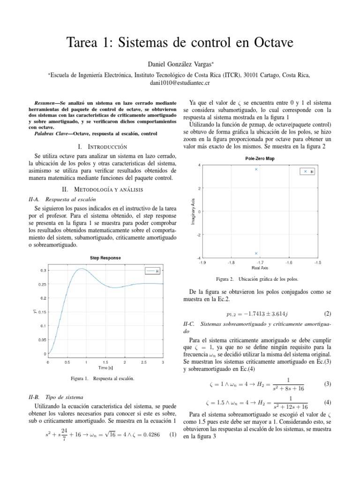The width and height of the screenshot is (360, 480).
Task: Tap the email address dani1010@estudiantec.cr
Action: click(180, 82)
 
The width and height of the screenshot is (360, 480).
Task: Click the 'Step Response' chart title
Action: click(105, 258)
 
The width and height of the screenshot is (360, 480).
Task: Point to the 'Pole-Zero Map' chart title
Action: click(260, 158)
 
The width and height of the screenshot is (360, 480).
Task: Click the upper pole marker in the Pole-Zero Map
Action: click(256, 169)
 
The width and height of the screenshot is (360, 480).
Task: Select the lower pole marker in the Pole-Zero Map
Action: click(256, 253)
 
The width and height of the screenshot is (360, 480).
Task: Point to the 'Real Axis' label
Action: click(260, 268)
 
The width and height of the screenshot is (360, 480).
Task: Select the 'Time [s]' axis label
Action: click(105, 367)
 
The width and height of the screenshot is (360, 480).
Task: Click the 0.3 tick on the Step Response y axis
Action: click(43, 270)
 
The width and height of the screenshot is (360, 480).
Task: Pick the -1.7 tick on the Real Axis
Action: click(260, 263)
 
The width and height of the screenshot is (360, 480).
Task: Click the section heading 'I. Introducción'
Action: click(105, 147)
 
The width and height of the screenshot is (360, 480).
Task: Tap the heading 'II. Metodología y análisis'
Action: click(105, 189)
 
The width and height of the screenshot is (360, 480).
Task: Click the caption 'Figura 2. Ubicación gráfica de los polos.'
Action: click(260, 279)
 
